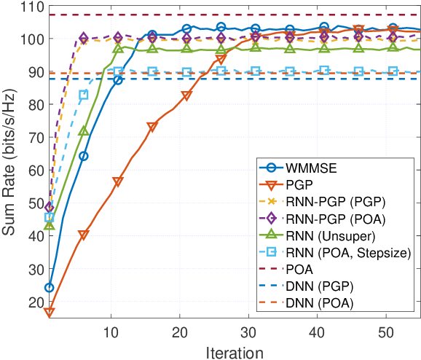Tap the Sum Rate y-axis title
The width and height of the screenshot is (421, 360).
[x=11, y=167]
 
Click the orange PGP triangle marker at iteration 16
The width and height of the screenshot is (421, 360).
[x=152, y=128]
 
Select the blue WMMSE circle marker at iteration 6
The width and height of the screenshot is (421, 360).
[x=84, y=156]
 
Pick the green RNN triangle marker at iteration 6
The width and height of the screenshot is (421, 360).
[x=84, y=131]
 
